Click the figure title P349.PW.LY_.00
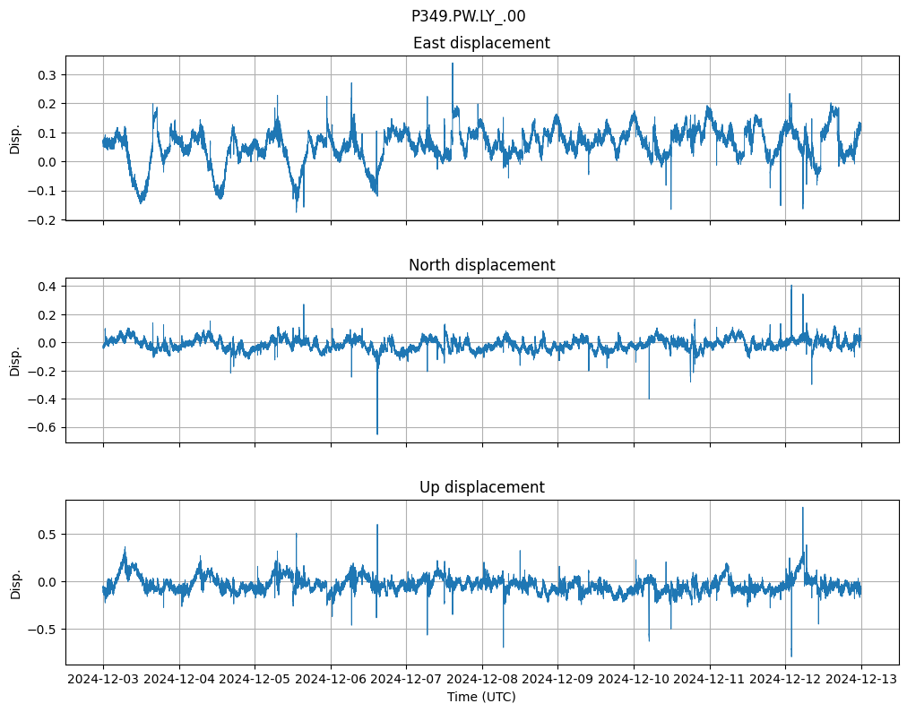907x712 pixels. (x=468, y=16)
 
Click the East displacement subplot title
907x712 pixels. (x=481, y=43)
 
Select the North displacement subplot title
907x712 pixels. (x=481, y=265)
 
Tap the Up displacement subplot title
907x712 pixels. (x=481, y=487)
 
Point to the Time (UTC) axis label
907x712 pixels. (x=481, y=697)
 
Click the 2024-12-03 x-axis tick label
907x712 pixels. (x=103, y=680)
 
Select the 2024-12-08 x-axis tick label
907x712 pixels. (x=482, y=680)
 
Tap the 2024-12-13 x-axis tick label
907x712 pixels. (x=861, y=680)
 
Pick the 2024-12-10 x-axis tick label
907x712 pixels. (x=634, y=680)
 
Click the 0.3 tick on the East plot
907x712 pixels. (x=46, y=74)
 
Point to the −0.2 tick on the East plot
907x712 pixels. (x=42, y=220)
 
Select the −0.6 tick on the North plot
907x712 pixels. (x=42, y=427)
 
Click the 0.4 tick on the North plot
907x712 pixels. (x=46, y=287)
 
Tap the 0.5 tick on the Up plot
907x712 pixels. (x=46, y=535)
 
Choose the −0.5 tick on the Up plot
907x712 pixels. (x=42, y=630)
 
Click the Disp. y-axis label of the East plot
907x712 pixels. (x=15, y=138)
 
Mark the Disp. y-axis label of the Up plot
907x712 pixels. (x=15, y=582)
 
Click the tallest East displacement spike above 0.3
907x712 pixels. (x=453, y=64)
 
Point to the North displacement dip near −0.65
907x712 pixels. (x=377, y=433)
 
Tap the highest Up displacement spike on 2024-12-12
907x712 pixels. (x=802, y=509)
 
